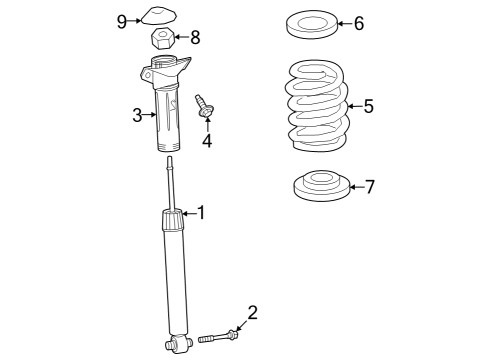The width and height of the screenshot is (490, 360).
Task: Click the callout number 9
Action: [122, 22]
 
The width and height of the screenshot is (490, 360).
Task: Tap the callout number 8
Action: [195, 37]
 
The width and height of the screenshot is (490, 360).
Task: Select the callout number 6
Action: [359, 23]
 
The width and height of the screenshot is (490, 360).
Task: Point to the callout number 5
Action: [368, 106]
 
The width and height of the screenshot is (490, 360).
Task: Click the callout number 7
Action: [370, 187]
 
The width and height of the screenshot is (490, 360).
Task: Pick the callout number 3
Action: [137, 115]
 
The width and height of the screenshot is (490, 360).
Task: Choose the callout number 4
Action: [207, 141]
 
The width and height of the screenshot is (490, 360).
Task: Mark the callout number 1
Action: [201, 213]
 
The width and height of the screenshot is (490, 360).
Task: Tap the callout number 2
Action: [253, 313]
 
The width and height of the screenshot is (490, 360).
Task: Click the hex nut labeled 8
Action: [163, 38]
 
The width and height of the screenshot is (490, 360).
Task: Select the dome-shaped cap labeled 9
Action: [159, 16]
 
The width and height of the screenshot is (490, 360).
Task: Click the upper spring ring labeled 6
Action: [312, 24]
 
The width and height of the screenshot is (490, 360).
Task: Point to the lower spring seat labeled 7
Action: [322, 186]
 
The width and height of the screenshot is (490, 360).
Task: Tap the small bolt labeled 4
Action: [204, 106]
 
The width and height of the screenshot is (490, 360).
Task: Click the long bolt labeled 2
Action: [218, 336]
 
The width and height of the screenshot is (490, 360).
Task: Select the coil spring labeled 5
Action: [317, 106]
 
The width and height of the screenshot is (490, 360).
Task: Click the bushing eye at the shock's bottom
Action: [178, 343]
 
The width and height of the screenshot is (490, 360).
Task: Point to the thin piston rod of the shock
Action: [171, 183]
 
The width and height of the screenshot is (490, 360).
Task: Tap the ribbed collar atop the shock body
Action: [173, 219]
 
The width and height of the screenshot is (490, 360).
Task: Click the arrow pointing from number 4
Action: [207, 124]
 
